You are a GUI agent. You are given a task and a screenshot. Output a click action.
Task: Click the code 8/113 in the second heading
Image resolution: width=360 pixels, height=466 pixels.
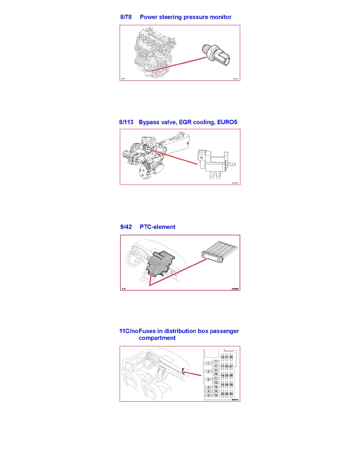click(x=127, y=122)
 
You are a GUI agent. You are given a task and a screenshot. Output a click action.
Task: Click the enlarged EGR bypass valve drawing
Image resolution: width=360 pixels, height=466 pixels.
click(x=214, y=162)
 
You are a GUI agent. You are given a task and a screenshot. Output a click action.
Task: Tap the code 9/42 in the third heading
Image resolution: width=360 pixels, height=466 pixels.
click(x=127, y=227)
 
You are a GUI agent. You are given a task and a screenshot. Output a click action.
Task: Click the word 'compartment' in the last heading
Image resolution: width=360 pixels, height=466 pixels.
click(x=157, y=338)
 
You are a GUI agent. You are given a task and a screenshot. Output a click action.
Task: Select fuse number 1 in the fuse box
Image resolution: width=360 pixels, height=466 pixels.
click(x=209, y=363)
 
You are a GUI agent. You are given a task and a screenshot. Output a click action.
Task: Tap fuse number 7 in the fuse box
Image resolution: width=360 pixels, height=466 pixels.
click(x=216, y=361)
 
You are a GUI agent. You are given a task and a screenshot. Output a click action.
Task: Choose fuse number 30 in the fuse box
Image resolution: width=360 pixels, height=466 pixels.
click(x=231, y=393)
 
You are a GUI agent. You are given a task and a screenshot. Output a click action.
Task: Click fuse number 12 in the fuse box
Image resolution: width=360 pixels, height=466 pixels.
click(x=216, y=382)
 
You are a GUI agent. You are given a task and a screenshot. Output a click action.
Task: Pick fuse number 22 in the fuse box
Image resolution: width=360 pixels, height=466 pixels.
click(x=227, y=366)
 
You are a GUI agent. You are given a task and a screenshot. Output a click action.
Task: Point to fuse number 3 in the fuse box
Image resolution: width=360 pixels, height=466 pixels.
click(x=209, y=379)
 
